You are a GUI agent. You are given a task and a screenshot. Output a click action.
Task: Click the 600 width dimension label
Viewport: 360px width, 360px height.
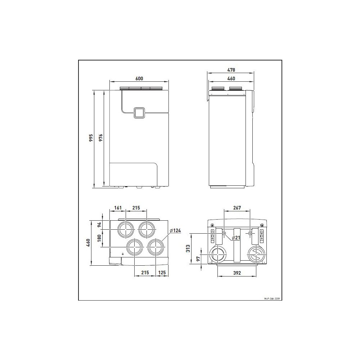[139, 78]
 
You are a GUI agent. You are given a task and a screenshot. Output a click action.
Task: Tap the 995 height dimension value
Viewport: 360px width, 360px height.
[91, 138]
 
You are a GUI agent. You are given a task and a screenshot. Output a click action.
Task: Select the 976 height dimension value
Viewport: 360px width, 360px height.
[100, 138]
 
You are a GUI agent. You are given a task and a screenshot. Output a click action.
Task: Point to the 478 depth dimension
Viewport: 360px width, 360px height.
[231, 70]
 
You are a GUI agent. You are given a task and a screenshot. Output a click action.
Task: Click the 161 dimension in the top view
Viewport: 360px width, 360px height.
[118, 208]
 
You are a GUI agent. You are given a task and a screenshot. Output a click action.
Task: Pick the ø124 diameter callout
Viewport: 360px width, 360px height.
[175, 230]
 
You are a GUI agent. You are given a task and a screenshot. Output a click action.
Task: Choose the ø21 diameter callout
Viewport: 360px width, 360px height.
[236, 238]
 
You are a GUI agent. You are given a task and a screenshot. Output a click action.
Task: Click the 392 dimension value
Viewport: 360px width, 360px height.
[237, 273]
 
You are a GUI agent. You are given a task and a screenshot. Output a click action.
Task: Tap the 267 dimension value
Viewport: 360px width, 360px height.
[237, 208]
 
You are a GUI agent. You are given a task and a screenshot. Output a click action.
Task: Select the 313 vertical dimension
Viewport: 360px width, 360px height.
[188, 248]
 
